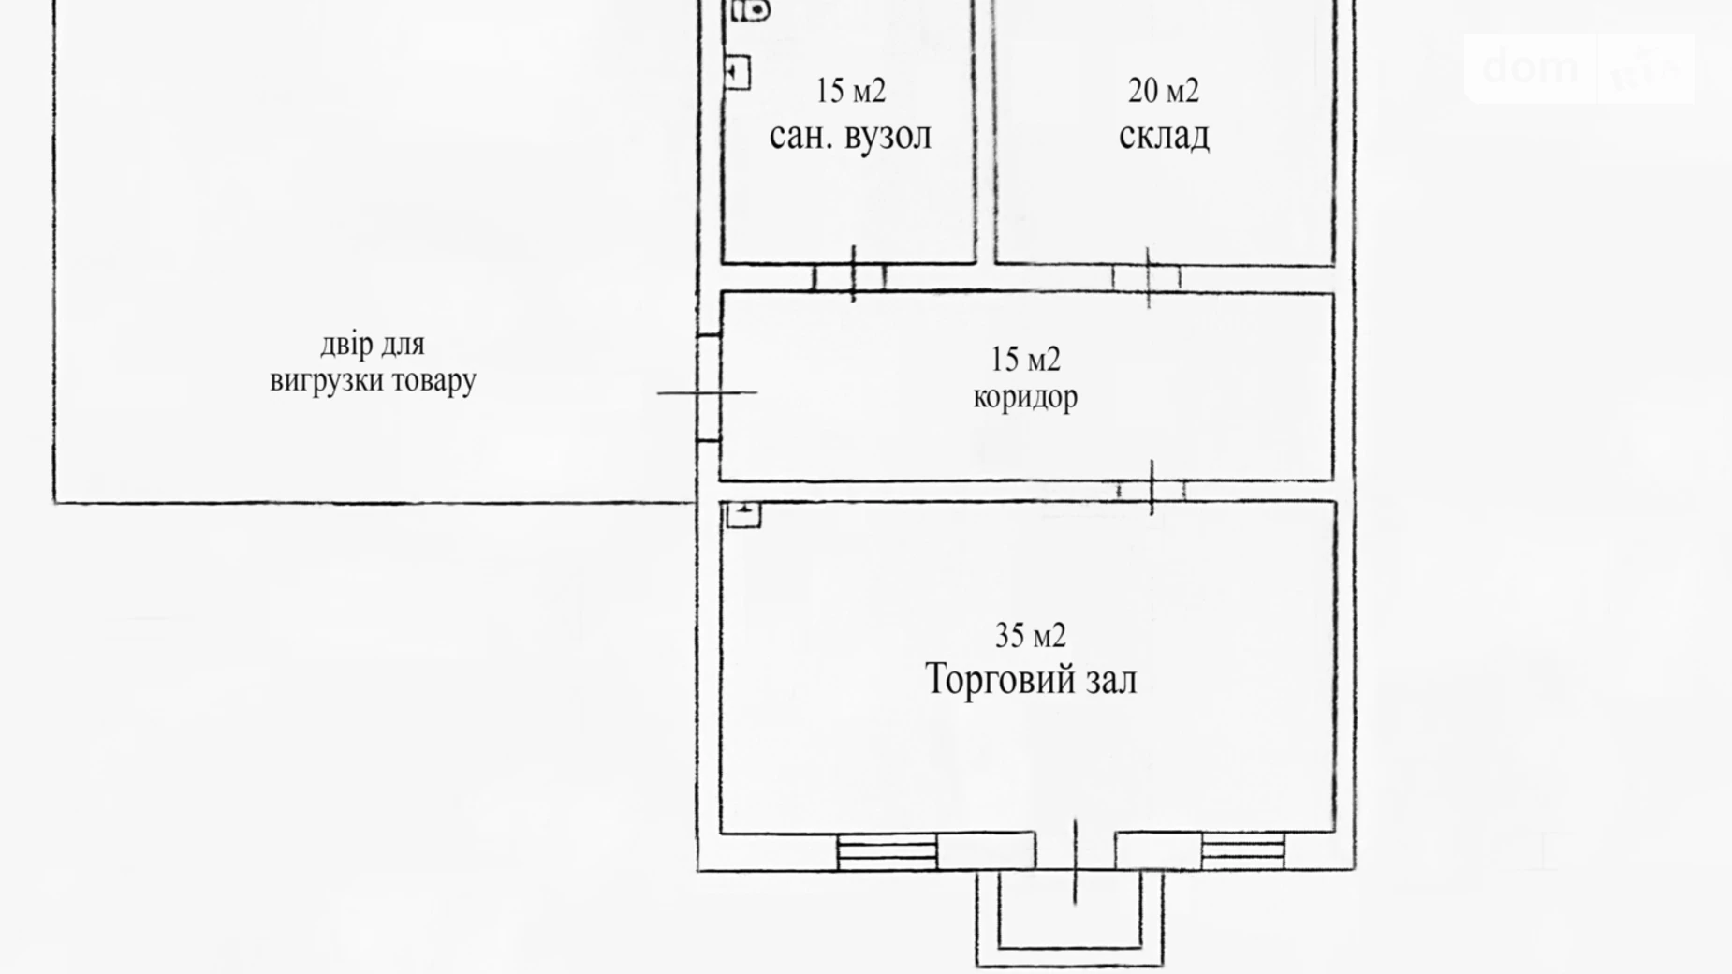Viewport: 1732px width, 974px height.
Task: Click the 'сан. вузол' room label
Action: pyautogui.click(x=850, y=137)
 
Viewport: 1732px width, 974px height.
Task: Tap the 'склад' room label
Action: pyautogui.click(x=1164, y=137)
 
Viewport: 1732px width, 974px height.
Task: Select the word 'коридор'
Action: pyautogui.click(x=1025, y=397)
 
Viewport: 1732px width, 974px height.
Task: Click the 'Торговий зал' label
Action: pyautogui.click(x=1031, y=679)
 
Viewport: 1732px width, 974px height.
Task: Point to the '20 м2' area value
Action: pyautogui.click(x=1164, y=91)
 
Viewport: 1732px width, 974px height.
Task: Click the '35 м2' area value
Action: pyautogui.click(x=1031, y=636)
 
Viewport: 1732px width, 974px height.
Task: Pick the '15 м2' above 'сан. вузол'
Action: pyautogui.click(x=850, y=91)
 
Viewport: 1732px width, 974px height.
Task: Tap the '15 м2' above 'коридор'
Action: pyautogui.click(x=1025, y=359)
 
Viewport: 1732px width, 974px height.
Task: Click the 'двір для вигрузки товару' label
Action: pyautogui.click(x=373, y=362)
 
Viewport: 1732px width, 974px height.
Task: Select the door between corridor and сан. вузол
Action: pyautogui.click(x=852, y=277)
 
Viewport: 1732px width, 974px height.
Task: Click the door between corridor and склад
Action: pyautogui.click(x=1148, y=277)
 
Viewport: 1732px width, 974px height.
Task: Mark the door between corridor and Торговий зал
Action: pyautogui.click(x=1152, y=489)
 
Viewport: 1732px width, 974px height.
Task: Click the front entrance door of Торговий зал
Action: pyautogui.click(x=1075, y=860)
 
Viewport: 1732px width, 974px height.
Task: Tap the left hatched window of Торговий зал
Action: pyautogui.click(x=887, y=852)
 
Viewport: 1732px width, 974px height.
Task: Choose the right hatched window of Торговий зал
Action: pyautogui.click(x=1243, y=852)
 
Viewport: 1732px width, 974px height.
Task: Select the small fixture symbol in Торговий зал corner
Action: pyautogui.click(x=743, y=514)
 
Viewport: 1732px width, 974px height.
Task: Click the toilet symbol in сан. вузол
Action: pyautogui.click(x=750, y=9)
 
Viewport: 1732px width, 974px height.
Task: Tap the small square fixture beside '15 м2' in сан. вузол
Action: pyautogui.click(x=738, y=72)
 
